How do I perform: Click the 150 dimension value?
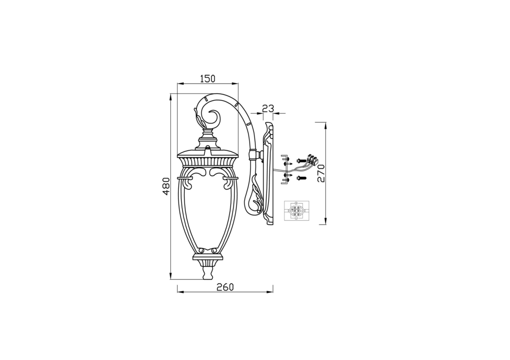click(x=207, y=78)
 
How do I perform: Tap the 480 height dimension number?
click(x=166, y=186)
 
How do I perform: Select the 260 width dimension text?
click(x=225, y=287)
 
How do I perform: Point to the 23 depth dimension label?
click(x=268, y=109)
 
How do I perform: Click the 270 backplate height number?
click(x=321, y=173)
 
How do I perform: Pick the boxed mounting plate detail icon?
click(x=296, y=211)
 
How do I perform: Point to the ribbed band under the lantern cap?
click(x=208, y=161)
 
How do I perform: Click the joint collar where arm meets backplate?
click(x=258, y=155)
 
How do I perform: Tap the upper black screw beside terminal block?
click(x=300, y=160)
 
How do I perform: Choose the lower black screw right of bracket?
click(x=300, y=178)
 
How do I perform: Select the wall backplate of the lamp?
click(x=269, y=174)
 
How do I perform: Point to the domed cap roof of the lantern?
click(x=208, y=151)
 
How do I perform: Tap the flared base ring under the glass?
click(x=208, y=258)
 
